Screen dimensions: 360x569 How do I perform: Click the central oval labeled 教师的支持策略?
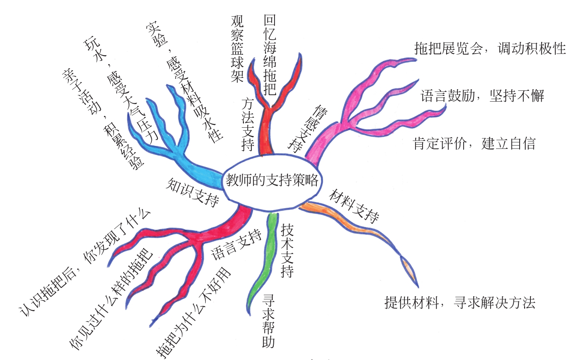click(272, 181)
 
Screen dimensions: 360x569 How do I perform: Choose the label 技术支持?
click(287, 251)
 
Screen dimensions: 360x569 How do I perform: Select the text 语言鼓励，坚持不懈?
click(482, 96)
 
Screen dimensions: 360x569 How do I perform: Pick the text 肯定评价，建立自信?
click(474, 144)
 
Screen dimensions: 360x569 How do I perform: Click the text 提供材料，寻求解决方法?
click(460, 303)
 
